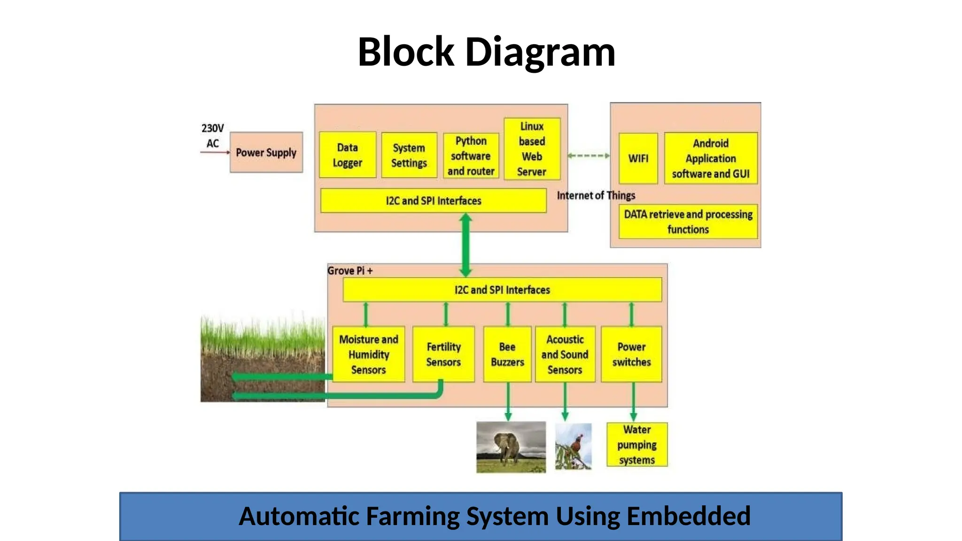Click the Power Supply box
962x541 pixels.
coord(266,153)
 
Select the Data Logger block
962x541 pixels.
coord(348,155)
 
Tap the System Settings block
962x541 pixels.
coord(409,155)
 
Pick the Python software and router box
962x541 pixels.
coord(471,156)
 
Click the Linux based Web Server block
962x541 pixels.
coord(532,149)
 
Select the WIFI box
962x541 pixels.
coord(638,158)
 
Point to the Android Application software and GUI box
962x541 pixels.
coord(711,158)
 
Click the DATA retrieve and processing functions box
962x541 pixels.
coord(688,222)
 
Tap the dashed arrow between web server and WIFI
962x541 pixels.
coord(589,155)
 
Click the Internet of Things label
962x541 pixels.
coord(596,195)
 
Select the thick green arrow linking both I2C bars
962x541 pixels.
coord(465,245)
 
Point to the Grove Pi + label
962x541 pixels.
coord(350,271)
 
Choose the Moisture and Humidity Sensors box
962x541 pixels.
coord(368,355)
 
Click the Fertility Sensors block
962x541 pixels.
coord(443,355)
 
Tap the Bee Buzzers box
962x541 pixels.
coord(507,355)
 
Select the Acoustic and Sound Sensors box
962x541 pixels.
coord(565,355)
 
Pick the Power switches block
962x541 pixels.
coord(631,355)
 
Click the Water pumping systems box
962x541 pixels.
coord(636,445)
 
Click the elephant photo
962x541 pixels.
coord(511,447)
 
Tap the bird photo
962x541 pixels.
coord(573,446)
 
